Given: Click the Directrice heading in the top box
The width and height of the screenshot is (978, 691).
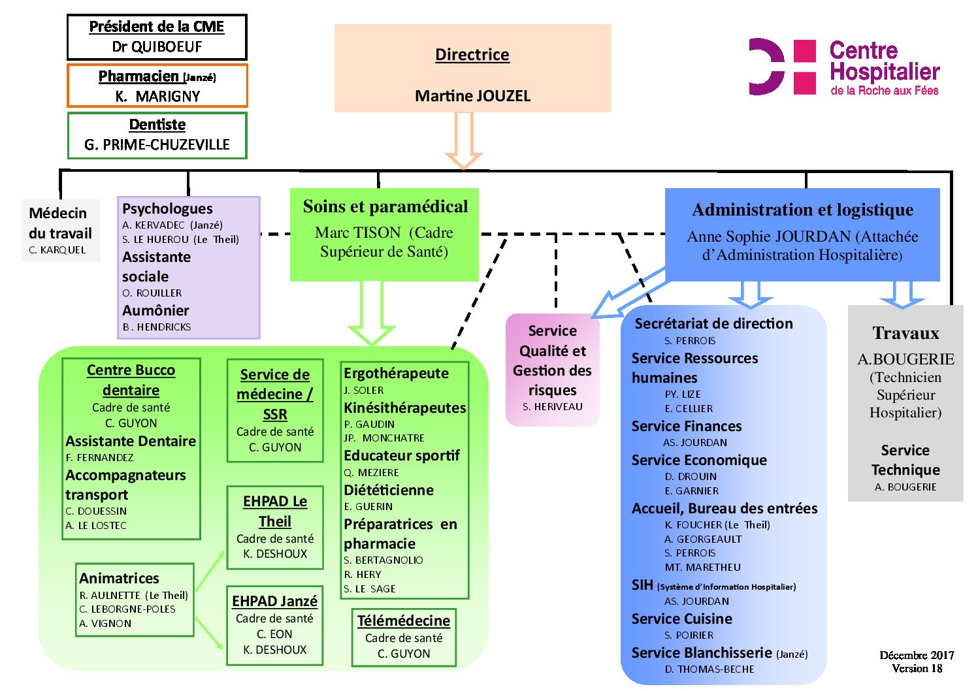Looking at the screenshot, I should click(x=472, y=55).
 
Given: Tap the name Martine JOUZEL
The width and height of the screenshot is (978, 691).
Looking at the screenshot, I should click(x=472, y=96).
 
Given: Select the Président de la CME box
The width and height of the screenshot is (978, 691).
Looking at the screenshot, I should click(x=157, y=37).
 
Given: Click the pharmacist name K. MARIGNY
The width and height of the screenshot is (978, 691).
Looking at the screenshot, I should click(x=157, y=97).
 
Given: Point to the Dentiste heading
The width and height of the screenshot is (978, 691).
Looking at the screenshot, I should click(x=157, y=125).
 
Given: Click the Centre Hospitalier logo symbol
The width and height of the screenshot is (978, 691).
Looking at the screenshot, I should click(x=782, y=67).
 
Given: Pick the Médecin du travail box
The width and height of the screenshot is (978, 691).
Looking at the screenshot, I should click(x=61, y=231).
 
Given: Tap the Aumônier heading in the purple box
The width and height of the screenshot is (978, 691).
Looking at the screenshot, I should click(x=155, y=311).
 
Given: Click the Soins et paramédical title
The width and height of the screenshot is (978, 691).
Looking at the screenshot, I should click(x=385, y=207).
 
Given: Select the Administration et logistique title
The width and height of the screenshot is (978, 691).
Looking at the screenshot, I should click(x=802, y=210).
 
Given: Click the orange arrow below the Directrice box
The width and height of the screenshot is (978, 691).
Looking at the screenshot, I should click(x=464, y=140).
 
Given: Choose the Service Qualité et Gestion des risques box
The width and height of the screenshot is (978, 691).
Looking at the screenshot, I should click(x=553, y=369).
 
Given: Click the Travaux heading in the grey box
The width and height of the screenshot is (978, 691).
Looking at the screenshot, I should click(x=905, y=334).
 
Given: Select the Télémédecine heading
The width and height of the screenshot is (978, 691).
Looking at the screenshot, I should click(x=404, y=621).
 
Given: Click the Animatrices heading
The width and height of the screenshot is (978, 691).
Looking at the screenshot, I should click(x=119, y=579).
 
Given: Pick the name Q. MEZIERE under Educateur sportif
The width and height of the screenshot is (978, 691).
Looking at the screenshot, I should click(x=371, y=473).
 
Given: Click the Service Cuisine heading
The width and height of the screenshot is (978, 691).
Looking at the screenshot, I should click(x=681, y=619).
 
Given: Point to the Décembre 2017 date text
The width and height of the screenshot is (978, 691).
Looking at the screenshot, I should click(x=917, y=655).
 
